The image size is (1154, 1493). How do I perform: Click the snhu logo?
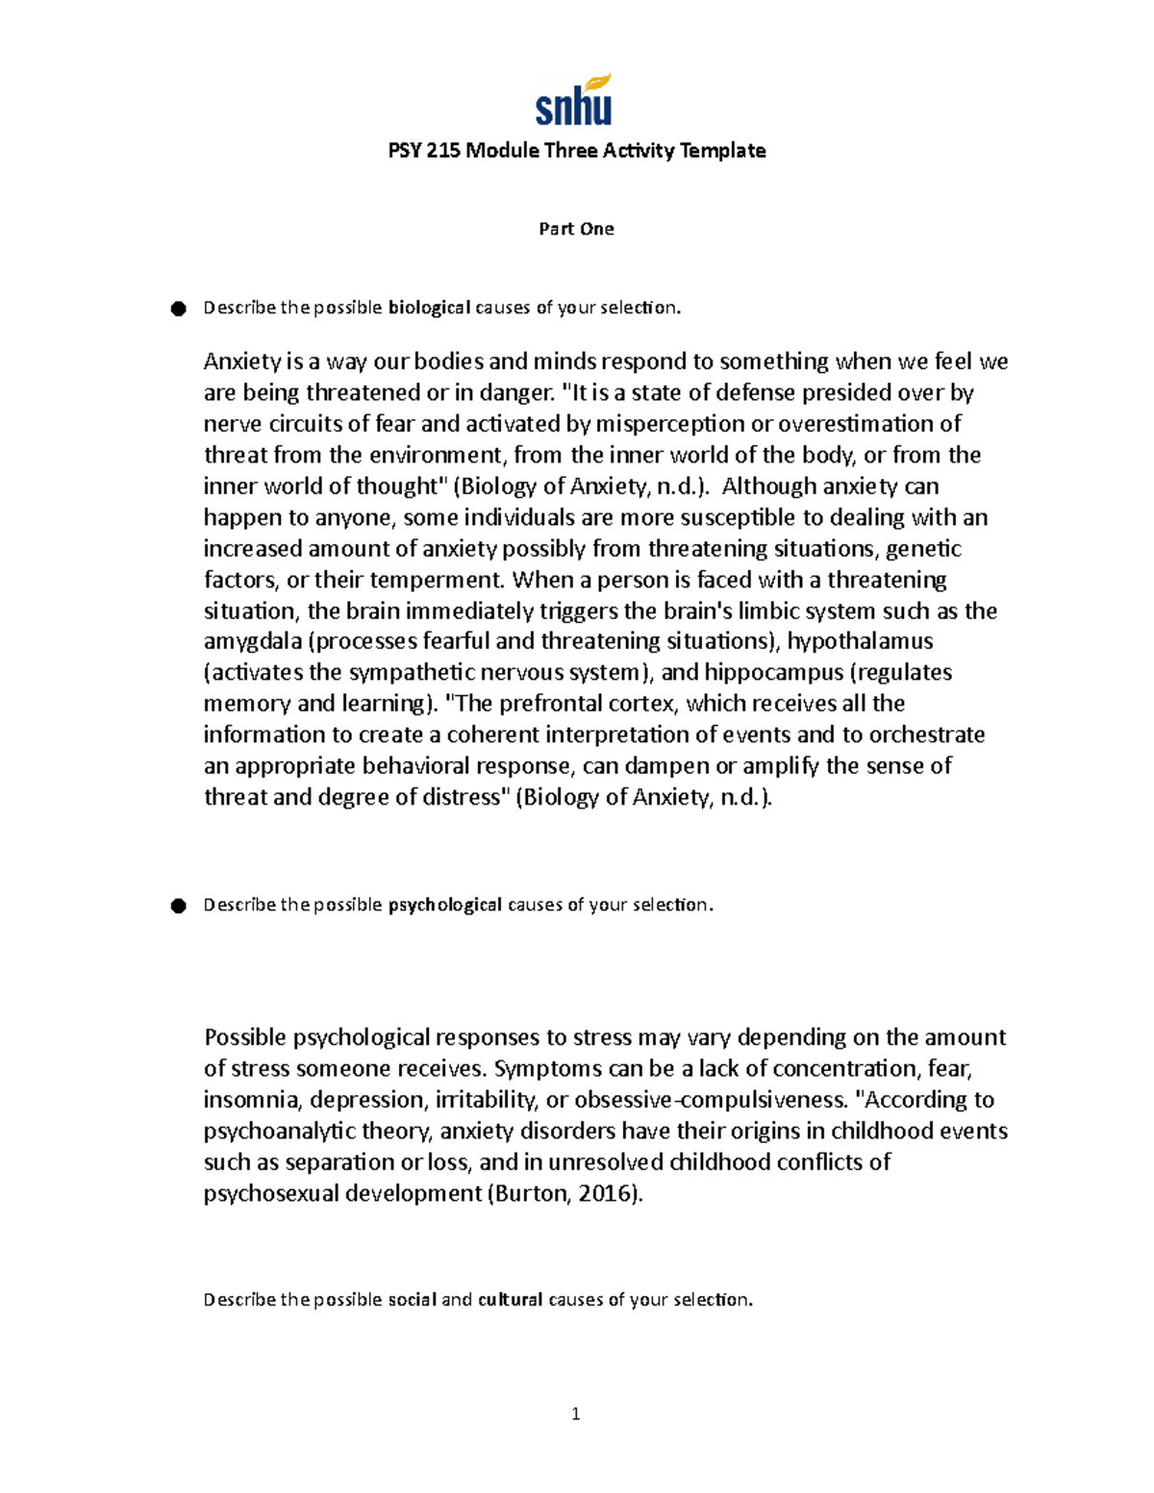pyautogui.click(x=573, y=107)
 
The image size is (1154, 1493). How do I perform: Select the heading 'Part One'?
pyautogui.click(x=576, y=229)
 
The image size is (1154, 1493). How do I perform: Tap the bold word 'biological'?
pyautogui.click(x=429, y=308)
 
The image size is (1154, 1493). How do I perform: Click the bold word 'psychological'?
pyautogui.click(x=444, y=905)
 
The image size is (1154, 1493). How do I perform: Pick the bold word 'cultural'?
pyautogui.click(x=511, y=1300)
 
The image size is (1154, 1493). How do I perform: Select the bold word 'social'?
pyautogui.click(x=412, y=1300)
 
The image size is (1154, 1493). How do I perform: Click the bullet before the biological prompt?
pyautogui.click(x=178, y=309)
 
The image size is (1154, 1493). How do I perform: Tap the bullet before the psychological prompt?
pyautogui.click(x=178, y=906)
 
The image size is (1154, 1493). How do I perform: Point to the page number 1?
pyautogui.click(x=575, y=1413)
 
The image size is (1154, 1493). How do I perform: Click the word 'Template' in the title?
pyautogui.click(x=722, y=151)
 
